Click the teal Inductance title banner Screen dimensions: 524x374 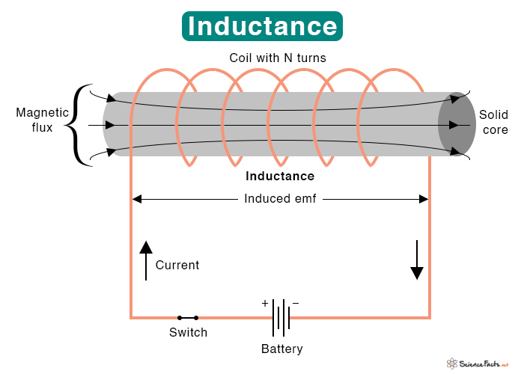[x=262, y=26]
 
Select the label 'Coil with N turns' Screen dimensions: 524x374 [x=278, y=58]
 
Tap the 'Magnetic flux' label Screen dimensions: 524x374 [x=42, y=120]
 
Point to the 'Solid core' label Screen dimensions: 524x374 [x=493, y=122]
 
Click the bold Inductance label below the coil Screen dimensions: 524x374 [x=280, y=176]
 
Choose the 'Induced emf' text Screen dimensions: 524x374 [x=280, y=199]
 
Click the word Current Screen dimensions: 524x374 [x=177, y=265]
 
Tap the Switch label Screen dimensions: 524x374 [x=188, y=332]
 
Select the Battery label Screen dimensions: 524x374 [x=282, y=349]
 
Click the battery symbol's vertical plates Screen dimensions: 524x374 [x=281, y=318]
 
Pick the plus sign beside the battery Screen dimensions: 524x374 [x=265, y=303]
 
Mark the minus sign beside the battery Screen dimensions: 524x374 [x=296, y=303]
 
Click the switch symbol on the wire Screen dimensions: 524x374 [x=188, y=318]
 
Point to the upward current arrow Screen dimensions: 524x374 [x=146, y=260]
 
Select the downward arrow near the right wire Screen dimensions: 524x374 [x=417, y=260]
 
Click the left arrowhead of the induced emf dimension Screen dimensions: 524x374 [x=137, y=200]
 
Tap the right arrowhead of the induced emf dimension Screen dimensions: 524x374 [x=424, y=200]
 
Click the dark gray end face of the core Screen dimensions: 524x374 [x=457, y=124]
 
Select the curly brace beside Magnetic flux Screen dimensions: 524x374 [x=78, y=125]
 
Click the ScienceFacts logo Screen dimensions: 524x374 [x=478, y=364]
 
